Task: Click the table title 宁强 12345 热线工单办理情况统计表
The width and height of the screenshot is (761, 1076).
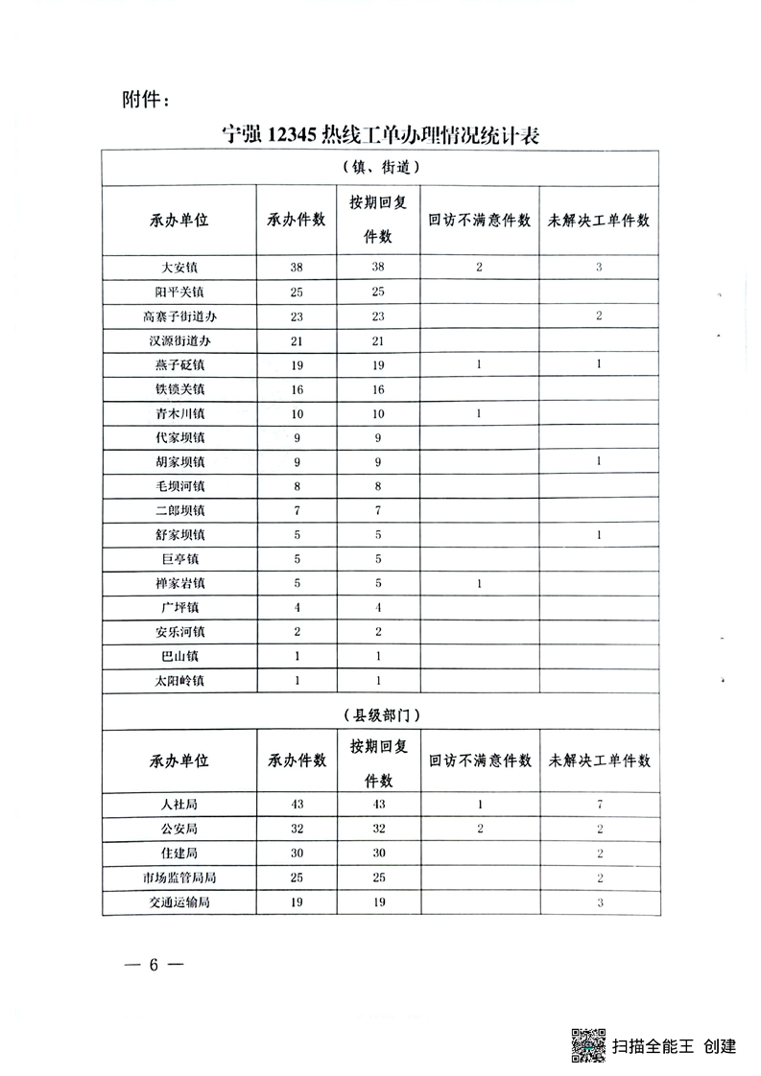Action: pos(381,135)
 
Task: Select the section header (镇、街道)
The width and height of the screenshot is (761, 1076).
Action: pos(380,167)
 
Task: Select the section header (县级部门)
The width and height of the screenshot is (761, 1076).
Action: pos(380,714)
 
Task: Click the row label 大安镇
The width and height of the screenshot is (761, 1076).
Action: pos(179,268)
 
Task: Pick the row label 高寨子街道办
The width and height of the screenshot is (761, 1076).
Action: pos(179,316)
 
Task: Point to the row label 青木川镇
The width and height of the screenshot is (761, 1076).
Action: pos(179,413)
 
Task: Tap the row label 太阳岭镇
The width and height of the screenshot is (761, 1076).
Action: pos(179,681)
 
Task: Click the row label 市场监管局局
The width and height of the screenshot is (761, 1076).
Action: pos(179,877)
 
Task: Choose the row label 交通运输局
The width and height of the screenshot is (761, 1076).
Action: pos(179,901)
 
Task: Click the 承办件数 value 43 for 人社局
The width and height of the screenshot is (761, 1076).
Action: pos(296,804)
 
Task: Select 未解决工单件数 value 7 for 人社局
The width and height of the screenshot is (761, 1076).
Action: pos(599,804)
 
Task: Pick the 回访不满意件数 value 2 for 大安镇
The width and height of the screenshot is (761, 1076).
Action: pos(479,268)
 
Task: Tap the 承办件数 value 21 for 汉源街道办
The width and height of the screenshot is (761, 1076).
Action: pos(296,340)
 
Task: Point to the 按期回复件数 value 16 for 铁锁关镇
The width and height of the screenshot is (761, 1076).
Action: pos(377,389)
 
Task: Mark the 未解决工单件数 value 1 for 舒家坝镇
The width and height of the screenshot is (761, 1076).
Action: pos(599,535)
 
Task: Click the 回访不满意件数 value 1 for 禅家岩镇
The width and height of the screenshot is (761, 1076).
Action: pos(479,584)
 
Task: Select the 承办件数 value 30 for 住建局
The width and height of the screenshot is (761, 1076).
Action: pos(296,853)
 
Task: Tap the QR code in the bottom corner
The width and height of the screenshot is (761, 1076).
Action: pos(587,1044)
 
